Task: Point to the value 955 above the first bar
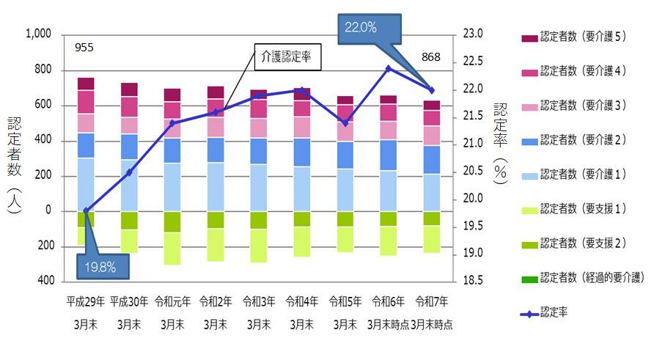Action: click(85, 49)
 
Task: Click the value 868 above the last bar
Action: click(431, 57)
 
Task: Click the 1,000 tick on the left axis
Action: click(38, 34)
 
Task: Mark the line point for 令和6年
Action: click(388, 68)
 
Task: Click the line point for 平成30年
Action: click(129, 172)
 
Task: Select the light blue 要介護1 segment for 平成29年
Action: click(86, 184)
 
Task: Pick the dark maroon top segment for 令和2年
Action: click(215, 92)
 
